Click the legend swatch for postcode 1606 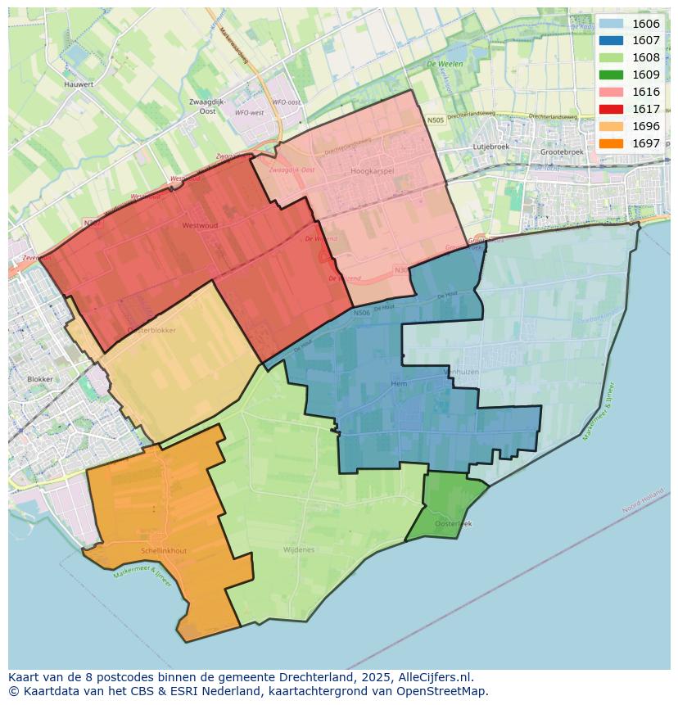pos(611,24)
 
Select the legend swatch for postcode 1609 pos(611,75)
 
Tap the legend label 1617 pos(646,109)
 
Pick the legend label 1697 pos(646,143)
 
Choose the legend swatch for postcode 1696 pos(611,126)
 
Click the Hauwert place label pos(79,84)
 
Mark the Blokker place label pos(40,379)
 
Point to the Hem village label pos(399,383)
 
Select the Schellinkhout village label pos(164,551)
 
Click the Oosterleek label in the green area pos(454,522)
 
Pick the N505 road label pos(435,120)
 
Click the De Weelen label pos(445,64)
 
